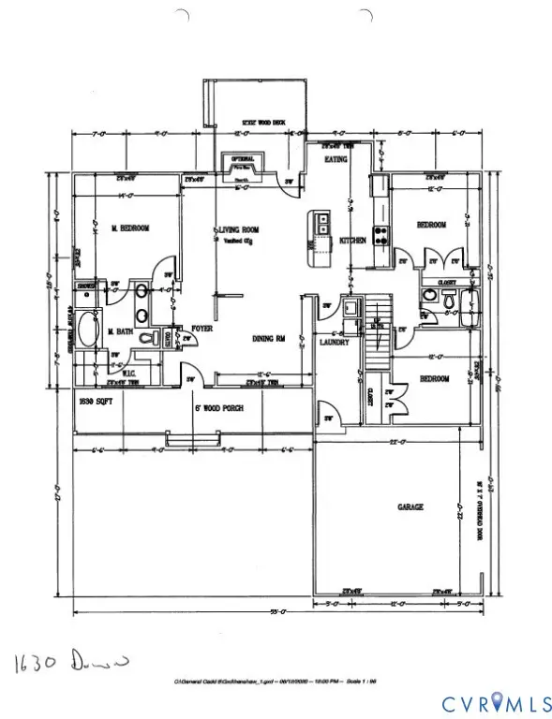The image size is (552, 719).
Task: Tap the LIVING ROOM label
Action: click(238, 229)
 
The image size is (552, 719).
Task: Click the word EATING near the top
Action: click(336, 160)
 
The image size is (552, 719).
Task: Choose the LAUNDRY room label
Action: click(336, 343)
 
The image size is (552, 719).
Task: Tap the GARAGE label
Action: click(410, 506)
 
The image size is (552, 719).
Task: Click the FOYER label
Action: click(204, 328)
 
